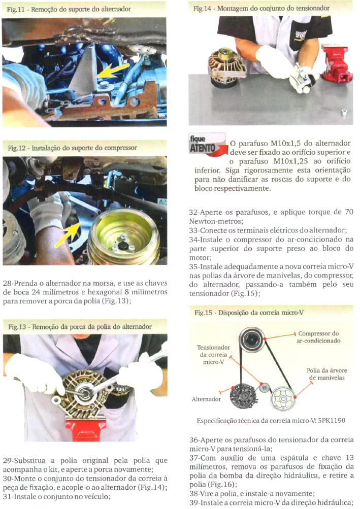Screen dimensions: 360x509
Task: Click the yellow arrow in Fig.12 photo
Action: click(67, 234)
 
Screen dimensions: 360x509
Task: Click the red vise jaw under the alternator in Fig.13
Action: click(86, 428)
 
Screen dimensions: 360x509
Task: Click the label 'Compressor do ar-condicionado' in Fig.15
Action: click(318, 337)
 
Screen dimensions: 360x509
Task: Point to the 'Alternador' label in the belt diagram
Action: click(206, 399)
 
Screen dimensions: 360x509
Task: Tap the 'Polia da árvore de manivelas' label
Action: click(326, 374)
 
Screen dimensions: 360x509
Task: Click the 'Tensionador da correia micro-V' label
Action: click(213, 355)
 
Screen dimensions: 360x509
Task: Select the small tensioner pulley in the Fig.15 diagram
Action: click(265, 387)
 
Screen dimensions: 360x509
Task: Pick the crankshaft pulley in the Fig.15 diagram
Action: click(283, 398)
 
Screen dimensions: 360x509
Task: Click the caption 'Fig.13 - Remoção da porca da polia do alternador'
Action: click(80, 327)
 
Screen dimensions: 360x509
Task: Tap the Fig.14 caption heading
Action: click(261, 9)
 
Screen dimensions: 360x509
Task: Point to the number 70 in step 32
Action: click(349, 212)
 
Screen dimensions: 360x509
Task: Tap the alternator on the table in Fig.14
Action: click(225, 67)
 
